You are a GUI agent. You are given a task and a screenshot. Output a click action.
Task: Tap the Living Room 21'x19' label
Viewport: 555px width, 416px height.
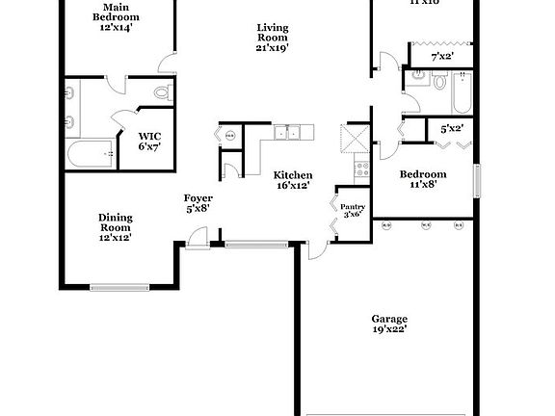pyautogui.click(x=273, y=37)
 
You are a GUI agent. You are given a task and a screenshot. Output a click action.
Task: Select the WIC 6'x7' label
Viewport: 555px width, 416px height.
pyautogui.click(x=149, y=141)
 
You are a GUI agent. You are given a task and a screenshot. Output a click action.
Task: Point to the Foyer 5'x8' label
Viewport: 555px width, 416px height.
pyautogui.click(x=198, y=202)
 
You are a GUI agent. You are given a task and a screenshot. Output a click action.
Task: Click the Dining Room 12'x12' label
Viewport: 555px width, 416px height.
pyautogui.click(x=115, y=226)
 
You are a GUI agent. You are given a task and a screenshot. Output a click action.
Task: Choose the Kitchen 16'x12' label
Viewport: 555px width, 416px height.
pyautogui.click(x=292, y=180)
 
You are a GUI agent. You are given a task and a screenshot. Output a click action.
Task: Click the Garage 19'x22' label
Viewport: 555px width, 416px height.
pyautogui.click(x=389, y=324)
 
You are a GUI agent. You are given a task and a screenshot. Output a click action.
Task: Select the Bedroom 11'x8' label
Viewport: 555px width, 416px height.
pyautogui.click(x=423, y=179)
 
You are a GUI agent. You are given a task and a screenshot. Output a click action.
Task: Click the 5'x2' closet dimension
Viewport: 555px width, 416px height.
pyautogui.click(x=451, y=128)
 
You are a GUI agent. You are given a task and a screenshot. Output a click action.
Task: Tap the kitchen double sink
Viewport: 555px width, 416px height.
pyautogui.click(x=287, y=133)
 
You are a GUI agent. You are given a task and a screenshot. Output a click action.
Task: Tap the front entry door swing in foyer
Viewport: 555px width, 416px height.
pyautogui.click(x=198, y=235)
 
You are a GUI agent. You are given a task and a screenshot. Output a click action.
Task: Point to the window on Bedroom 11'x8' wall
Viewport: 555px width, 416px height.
pyautogui.click(x=476, y=180)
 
